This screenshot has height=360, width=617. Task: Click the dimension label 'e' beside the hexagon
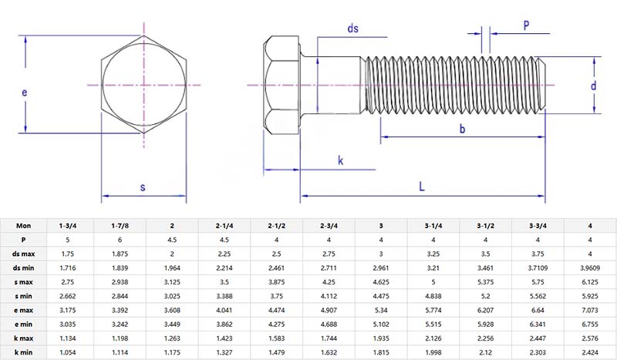tap(24, 93)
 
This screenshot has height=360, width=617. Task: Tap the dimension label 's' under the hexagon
tap(143, 187)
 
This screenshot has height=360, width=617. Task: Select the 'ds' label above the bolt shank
tap(353, 29)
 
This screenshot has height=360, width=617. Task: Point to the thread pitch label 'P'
tap(526, 25)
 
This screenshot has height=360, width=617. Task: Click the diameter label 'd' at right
tap(593, 86)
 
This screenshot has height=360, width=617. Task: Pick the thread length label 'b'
tap(463, 130)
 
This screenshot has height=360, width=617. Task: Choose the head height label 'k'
tap(340, 160)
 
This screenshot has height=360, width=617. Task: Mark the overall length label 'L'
tap(422, 186)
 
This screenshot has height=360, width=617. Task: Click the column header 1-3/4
tap(66, 225)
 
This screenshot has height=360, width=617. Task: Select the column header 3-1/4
tap(433, 225)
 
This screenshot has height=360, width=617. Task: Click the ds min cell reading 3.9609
tap(590, 267)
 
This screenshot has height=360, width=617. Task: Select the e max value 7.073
tap(590, 309)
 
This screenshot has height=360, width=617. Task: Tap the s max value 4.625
tap(381, 281)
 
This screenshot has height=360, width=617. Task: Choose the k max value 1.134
tap(66, 337)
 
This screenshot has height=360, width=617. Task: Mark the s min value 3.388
tap(224, 295)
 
